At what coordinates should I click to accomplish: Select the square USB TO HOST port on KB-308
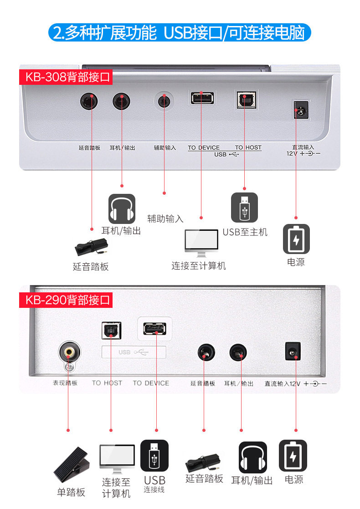[x=245, y=99]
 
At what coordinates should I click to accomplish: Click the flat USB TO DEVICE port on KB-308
[x=202, y=98]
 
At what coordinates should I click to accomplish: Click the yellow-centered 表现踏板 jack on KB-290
[x=70, y=352]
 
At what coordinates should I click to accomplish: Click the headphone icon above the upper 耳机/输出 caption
[x=122, y=208]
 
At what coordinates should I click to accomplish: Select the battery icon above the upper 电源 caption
[x=296, y=239]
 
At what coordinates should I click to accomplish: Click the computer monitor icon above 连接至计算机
[x=201, y=243]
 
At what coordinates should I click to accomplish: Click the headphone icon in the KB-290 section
[x=253, y=457]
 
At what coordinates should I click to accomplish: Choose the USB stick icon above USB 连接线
[x=154, y=455]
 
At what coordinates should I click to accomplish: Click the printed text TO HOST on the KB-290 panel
[x=107, y=383]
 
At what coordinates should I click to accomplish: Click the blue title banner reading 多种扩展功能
[x=180, y=33]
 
